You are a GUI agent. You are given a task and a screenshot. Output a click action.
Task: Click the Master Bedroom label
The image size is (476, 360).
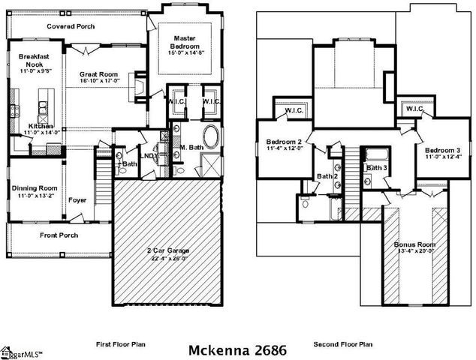[x=185, y=42]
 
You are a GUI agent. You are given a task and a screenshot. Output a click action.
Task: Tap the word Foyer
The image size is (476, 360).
[x=77, y=200]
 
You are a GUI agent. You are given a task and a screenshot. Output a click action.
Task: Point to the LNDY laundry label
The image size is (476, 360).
[x=149, y=155]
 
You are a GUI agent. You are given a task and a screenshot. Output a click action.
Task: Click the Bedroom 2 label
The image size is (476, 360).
[x=284, y=142]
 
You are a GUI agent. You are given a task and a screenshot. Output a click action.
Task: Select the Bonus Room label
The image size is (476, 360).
[x=414, y=244]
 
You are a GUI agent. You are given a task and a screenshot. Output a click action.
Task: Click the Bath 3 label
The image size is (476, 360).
[x=375, y=167]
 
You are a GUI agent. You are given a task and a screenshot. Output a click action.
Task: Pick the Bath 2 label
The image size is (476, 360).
[x=326, y=176]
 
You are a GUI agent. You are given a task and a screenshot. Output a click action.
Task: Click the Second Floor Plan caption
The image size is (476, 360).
[x=343, y=344]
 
